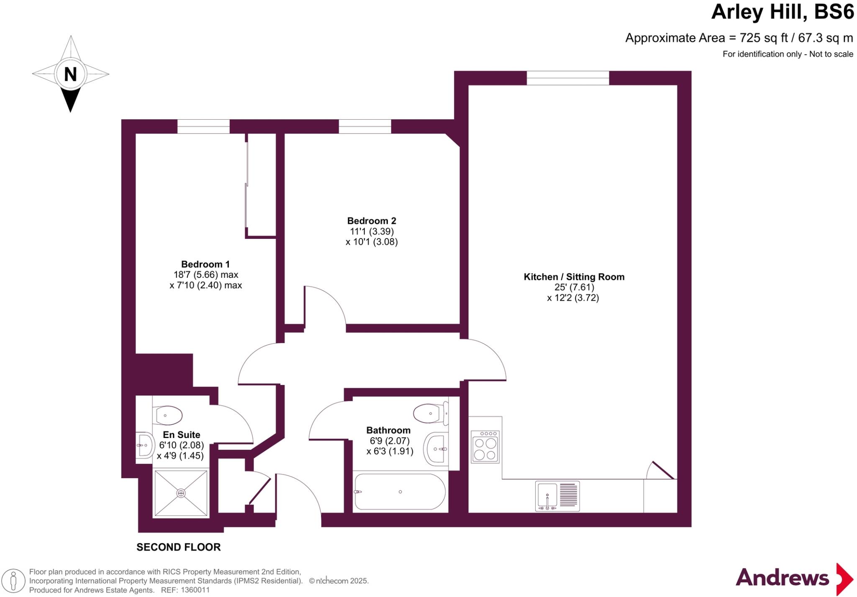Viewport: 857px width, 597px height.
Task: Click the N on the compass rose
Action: [70, 74]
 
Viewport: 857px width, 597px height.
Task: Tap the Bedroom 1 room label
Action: [205, 264]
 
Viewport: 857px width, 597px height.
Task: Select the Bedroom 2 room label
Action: [371, 220]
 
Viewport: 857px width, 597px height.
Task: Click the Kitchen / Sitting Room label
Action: [574, 277]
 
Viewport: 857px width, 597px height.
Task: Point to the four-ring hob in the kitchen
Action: [485, 448]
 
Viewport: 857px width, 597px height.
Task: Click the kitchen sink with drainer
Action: [557, 496]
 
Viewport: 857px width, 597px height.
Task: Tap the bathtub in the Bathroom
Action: [400, 492]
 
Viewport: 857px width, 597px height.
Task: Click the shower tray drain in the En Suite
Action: [181, 493]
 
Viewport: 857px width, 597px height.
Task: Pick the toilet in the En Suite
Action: [168, 416]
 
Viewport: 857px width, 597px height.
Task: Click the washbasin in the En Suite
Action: [144, 445]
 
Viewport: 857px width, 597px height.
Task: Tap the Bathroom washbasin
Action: [436, 449]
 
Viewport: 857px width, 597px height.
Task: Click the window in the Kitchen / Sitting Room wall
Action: [567, 78]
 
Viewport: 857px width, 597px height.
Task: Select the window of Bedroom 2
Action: [364, 126]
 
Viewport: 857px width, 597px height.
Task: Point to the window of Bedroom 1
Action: [203, 126]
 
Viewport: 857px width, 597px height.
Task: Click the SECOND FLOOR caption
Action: [178, 547]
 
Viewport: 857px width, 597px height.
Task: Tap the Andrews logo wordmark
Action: [782, 578]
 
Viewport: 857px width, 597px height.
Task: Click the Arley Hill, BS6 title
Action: [782, 12]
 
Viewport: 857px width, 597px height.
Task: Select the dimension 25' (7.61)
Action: [574, 287]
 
